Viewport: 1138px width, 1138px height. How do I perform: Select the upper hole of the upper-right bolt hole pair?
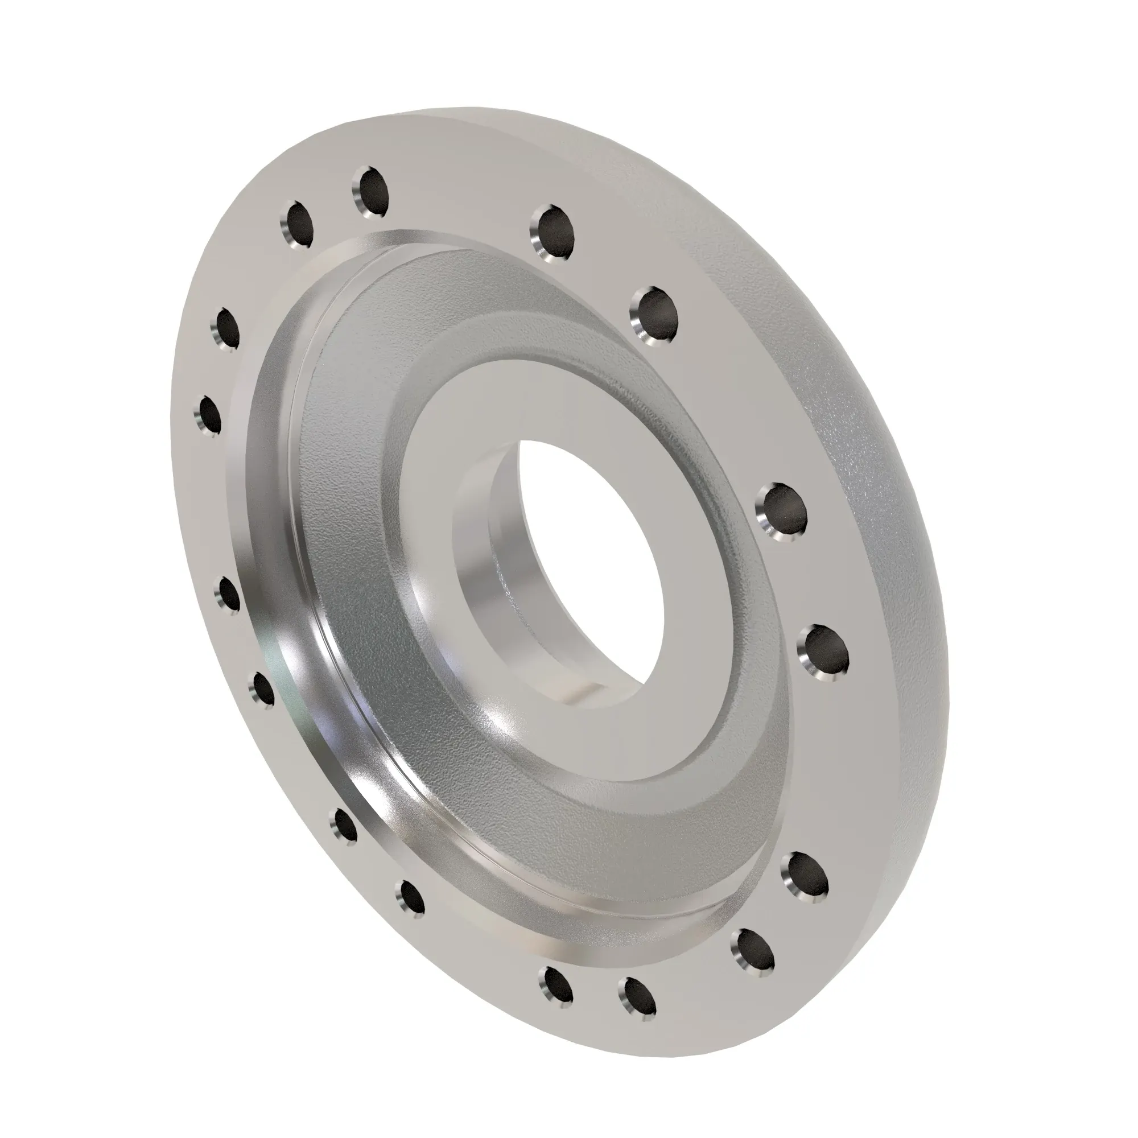click(x=554, y=232)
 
